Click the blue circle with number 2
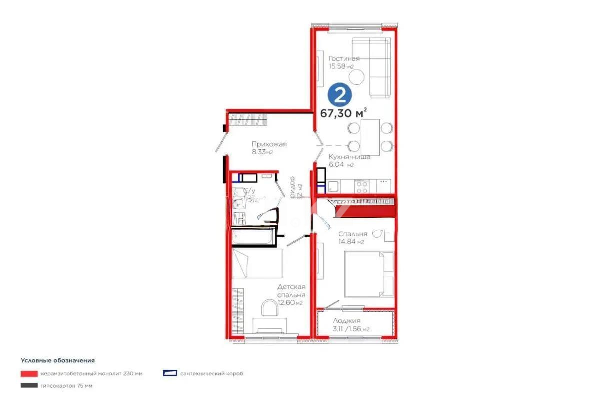[x=340, y=95]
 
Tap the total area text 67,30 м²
[x=343, y=113]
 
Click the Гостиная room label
[x=344, y=59]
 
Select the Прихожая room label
[x=269, y=144]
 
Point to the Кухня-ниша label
[x=349, y=157]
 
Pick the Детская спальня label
[x=291, y=291]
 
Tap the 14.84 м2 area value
[x=351, y=242]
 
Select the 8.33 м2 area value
[x=262, y=152]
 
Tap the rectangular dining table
[x=370, y=136]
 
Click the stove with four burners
[x=362, y=186]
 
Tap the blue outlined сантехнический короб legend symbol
[x=170, y=373]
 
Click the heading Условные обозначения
[x=58, y=360]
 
